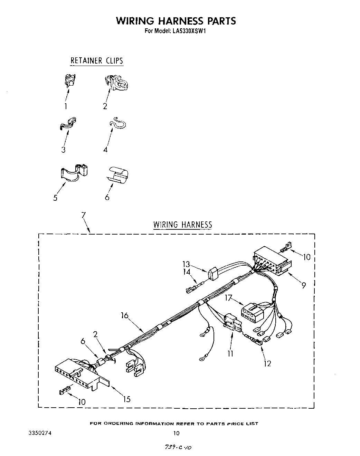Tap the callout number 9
303,285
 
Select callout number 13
186,265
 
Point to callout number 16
125,315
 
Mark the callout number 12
267,363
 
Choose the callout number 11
230,353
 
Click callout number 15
127,399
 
